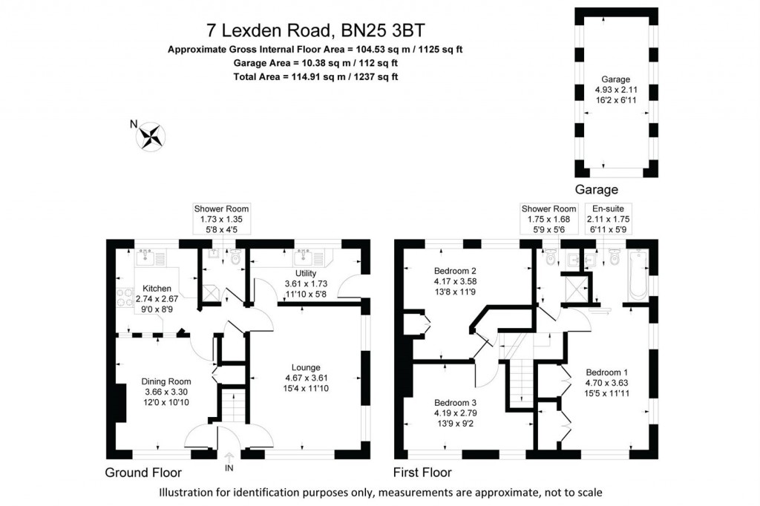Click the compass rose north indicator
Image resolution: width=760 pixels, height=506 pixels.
[x=151, y=137]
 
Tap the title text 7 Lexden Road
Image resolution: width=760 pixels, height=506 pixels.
[x=317, y=30]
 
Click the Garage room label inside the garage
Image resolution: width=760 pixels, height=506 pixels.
[x=616, y=79]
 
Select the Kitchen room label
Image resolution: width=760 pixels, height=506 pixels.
[x=157, y=289]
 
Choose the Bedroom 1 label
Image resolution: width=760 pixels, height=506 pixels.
[x=606, y=372]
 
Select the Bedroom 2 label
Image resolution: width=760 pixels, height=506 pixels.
[x=453, y=270]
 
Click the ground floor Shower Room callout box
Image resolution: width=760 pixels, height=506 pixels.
[x=221, y=220]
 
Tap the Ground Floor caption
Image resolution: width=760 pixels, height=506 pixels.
[x=143, y=473]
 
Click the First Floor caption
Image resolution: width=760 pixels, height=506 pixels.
[x=422, y=473]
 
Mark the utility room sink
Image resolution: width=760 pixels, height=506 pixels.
[x=304, y=258]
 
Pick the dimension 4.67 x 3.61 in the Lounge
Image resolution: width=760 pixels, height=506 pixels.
[x=305, y=378]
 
